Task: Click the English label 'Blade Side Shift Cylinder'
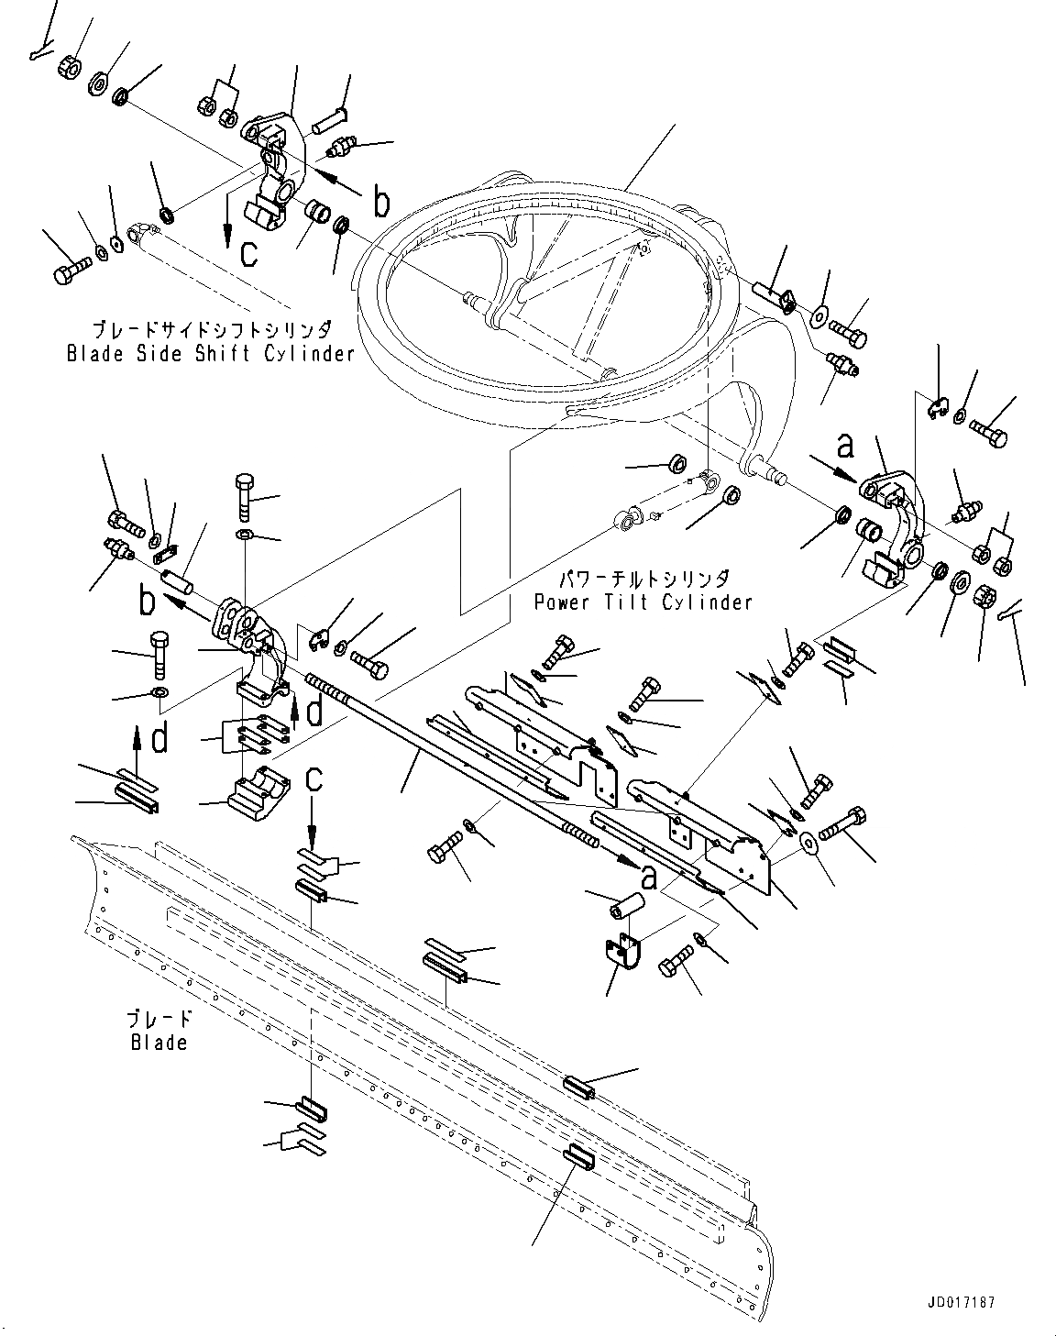210,353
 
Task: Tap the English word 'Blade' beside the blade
159,1042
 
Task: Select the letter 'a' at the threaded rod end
649,877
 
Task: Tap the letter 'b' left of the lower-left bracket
147,601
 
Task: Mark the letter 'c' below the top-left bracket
248,254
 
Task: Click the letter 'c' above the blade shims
314,778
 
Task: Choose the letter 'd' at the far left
159,739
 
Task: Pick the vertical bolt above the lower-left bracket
245,496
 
